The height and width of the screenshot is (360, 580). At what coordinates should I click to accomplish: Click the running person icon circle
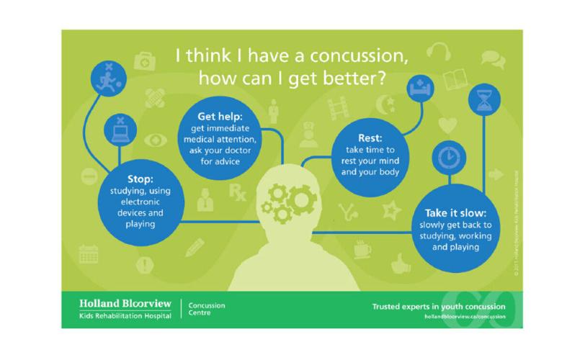click(108, 75)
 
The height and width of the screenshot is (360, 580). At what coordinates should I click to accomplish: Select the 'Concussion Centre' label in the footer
click(206, 310)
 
